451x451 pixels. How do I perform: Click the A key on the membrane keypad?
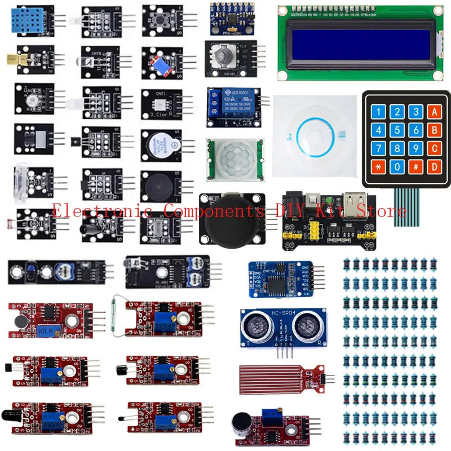[434, 112]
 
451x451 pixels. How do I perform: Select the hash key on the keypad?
[416, 167]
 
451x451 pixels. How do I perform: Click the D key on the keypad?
[434, 167]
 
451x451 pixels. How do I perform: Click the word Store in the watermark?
[386, 211]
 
